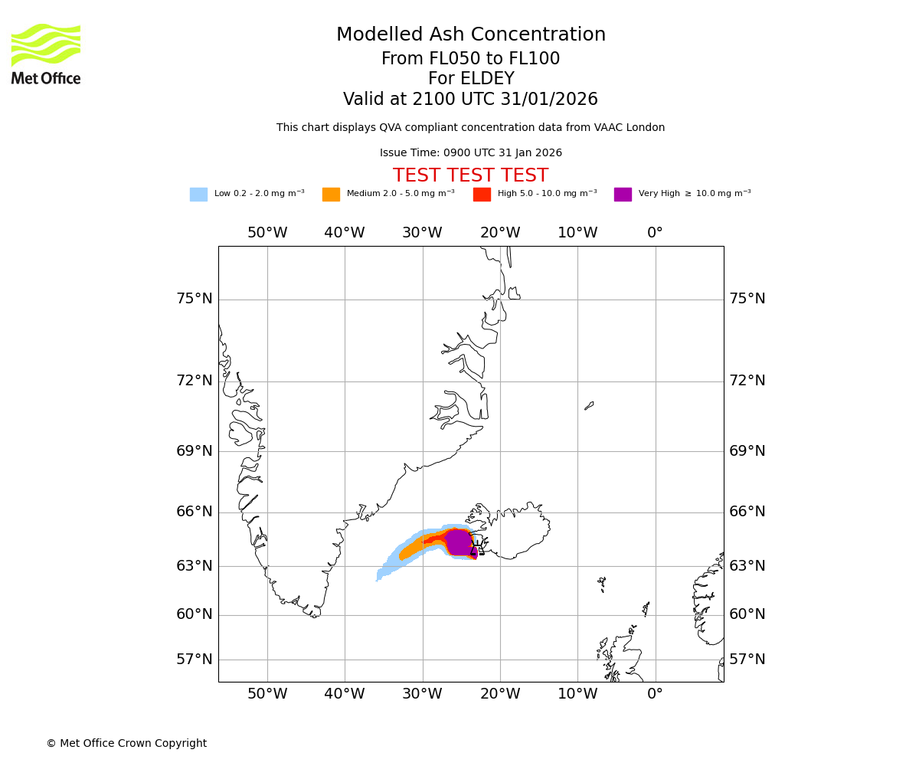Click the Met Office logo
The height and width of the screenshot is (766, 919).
(x=46, y=54)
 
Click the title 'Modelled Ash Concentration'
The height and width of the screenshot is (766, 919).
(x=471, y=35)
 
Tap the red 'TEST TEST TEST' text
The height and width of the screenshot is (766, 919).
(x=470, y=175)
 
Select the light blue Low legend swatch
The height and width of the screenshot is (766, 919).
(x=198, y=195)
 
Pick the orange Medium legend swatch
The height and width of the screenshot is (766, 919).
(x=331, y=195)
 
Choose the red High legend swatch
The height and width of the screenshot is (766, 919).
(x=482, y=195)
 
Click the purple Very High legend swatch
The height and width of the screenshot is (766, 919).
(x=623, y=195)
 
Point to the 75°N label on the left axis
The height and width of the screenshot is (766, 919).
(x=195, y=299)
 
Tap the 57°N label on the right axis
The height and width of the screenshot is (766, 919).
(x=747, y=660)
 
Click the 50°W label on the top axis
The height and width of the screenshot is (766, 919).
(x=267, y=233)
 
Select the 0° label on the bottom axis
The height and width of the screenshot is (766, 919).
(x=655, y=694)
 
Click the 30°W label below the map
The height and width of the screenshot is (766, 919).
(x=422, y=694)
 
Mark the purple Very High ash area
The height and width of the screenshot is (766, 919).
(x=459, y=542)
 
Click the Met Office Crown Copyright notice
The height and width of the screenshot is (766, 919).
(x=126, y=743)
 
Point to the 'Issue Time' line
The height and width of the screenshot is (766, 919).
(x=470, y=153)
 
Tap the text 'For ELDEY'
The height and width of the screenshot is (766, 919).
(x=471, y=79)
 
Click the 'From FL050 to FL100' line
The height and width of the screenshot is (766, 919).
(x=471, y=59)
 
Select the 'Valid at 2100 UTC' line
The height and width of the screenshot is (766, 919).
(x=470, y=100)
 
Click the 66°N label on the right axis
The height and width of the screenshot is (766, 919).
(x=747, y=512)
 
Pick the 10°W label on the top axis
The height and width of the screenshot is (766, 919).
(x=577, y=233)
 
